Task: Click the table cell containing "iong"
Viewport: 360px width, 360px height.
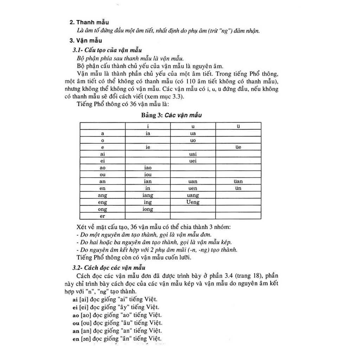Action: (x=148, y=209)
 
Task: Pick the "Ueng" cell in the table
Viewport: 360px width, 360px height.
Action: (x=193, y=202)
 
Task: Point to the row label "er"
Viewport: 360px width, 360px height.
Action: (x=103, y=216)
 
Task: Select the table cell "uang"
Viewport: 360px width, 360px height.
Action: (x=193, y=195)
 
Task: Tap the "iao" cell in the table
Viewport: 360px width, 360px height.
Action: (x=148, y=168)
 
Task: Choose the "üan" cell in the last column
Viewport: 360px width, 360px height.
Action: (x=238, y=182)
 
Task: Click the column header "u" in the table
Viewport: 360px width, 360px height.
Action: (x=193, y=127)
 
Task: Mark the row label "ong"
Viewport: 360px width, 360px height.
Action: (x=103, y=209)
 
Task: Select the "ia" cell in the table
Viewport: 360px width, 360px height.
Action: (x=148, y=134)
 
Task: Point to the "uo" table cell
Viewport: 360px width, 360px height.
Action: (x=193, y=141)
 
